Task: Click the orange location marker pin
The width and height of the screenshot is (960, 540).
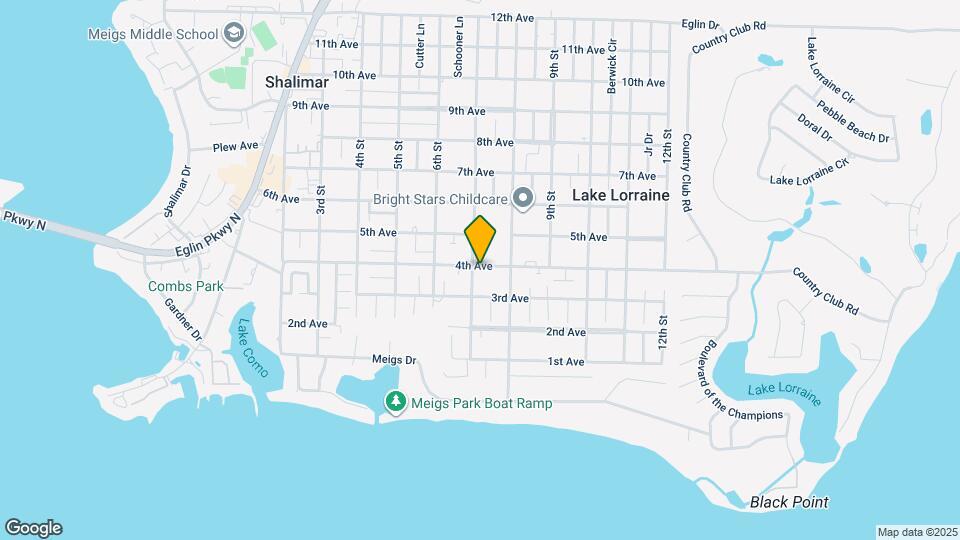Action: coord(481,239)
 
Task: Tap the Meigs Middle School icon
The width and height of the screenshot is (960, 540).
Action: coord(234,34)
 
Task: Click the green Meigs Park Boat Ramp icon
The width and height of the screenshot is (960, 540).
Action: coord(396,402)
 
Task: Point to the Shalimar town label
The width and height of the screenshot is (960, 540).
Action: coord(297,83)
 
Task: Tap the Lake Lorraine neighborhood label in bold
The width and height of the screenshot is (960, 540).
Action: coord(620,196)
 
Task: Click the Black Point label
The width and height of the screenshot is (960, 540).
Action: coord(789,502)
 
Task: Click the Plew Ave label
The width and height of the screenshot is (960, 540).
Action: coord(235,146)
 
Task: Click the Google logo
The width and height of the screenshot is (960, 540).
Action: coord(33,528)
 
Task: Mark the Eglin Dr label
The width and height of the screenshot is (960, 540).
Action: coord(700,24)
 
